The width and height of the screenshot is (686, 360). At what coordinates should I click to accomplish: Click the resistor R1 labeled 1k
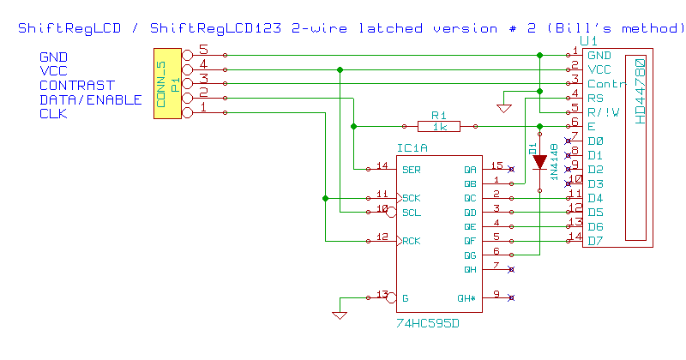(x=440, y=126)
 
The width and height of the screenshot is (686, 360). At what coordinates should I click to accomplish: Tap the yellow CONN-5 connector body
(x=166, y=84)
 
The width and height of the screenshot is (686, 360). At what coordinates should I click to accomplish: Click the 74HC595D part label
(x=426, y=327)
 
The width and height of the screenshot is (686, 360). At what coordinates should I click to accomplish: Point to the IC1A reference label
(x=412, y=148)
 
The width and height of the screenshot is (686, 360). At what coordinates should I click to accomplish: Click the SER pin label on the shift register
(x=411, y=169)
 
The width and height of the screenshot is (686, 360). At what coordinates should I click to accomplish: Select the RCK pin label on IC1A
(x=411, y=242)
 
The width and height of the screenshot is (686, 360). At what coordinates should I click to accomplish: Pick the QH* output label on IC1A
(x=465, y=298)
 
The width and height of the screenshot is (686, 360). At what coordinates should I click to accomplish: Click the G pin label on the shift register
(x=405, y=298)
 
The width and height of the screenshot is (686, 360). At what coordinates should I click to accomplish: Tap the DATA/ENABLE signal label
(x=90, y=99)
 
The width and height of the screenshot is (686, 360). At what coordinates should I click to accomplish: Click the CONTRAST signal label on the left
(x=76, y=85)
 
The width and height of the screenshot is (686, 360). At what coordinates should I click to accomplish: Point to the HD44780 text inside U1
(x=639, y=90)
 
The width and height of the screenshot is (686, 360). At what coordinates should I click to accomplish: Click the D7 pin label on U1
(x=595, y=241)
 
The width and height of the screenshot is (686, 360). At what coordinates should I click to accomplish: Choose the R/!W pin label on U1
(x=602, y=111)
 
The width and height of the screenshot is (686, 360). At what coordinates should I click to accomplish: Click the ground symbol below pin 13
(x=340, y=315)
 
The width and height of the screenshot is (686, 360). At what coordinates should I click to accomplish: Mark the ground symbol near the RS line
(x=504, y=107)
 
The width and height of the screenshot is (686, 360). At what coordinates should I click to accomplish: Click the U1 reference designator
(x=589, y=41)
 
